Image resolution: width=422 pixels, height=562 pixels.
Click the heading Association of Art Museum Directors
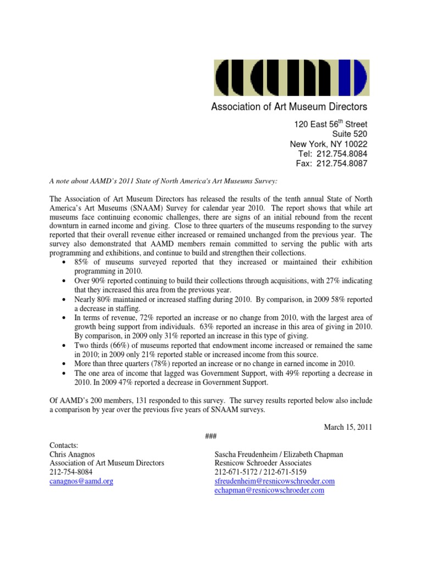coord(290,106)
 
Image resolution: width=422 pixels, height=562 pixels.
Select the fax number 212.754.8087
coord(340,164)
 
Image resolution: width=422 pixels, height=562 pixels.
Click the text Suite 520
coord(350,134)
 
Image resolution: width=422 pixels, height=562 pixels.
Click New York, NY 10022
coord(329,144)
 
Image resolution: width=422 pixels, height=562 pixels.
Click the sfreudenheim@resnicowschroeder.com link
coord(274,481)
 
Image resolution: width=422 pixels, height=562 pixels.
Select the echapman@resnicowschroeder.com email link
coord(269,490)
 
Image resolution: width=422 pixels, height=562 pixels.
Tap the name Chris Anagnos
coord(73,454)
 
